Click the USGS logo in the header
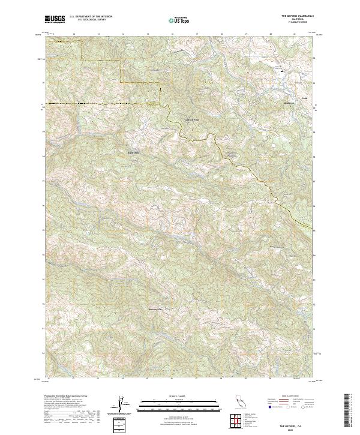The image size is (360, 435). [56, 19]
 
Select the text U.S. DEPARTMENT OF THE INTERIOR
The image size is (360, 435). [91, 17]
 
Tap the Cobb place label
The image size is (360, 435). [304, 97]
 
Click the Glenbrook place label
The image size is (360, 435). [289, 104]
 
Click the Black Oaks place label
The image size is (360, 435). [133, 152]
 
